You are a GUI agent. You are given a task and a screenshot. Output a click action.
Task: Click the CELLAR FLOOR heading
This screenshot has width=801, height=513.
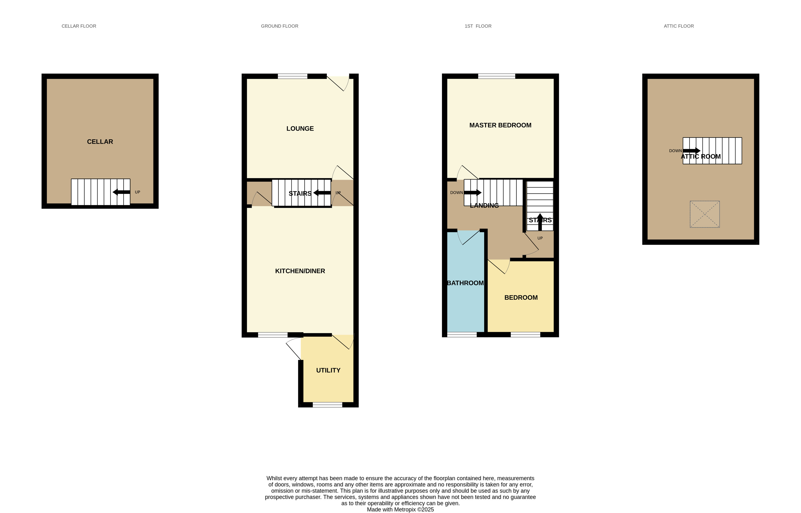(79, 26)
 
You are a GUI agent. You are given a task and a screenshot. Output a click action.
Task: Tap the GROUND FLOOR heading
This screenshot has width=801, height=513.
(279, 26)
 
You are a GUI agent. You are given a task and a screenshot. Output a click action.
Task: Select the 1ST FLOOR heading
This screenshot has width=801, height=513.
(478, 26)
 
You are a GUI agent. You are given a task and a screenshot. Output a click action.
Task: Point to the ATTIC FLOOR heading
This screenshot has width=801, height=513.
(679, 26)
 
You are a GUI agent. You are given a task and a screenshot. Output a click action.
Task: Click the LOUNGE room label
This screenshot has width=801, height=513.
(300, 129)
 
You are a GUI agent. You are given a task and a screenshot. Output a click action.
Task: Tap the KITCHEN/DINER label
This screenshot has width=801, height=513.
(300, 271)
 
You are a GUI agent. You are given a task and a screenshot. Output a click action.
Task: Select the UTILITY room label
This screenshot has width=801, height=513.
(328, 370)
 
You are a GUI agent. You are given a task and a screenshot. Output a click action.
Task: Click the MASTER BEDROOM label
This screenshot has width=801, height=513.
(500, 125)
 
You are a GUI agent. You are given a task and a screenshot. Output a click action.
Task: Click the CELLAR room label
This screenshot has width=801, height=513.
(100, 142)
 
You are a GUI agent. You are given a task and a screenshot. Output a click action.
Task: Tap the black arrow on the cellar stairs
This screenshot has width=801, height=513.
(121, 192)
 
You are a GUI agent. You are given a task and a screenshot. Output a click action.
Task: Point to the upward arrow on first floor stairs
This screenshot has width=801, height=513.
(540, 222)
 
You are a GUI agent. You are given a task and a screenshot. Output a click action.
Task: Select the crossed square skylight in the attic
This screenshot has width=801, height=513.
(705, 214)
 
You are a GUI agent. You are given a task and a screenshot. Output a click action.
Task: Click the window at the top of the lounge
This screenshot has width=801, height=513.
(292, 76)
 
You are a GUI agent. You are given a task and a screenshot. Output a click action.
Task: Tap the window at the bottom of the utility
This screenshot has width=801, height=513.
(327, 405)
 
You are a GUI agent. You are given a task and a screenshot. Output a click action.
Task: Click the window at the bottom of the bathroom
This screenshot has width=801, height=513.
(462, 334)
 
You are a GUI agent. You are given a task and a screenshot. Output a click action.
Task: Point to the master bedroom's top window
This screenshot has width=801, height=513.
(497, 76)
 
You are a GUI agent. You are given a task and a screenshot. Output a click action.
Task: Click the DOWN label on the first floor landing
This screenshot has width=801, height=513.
(456, 193)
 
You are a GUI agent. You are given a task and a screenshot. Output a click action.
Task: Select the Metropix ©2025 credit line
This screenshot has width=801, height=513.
(400, 510)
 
